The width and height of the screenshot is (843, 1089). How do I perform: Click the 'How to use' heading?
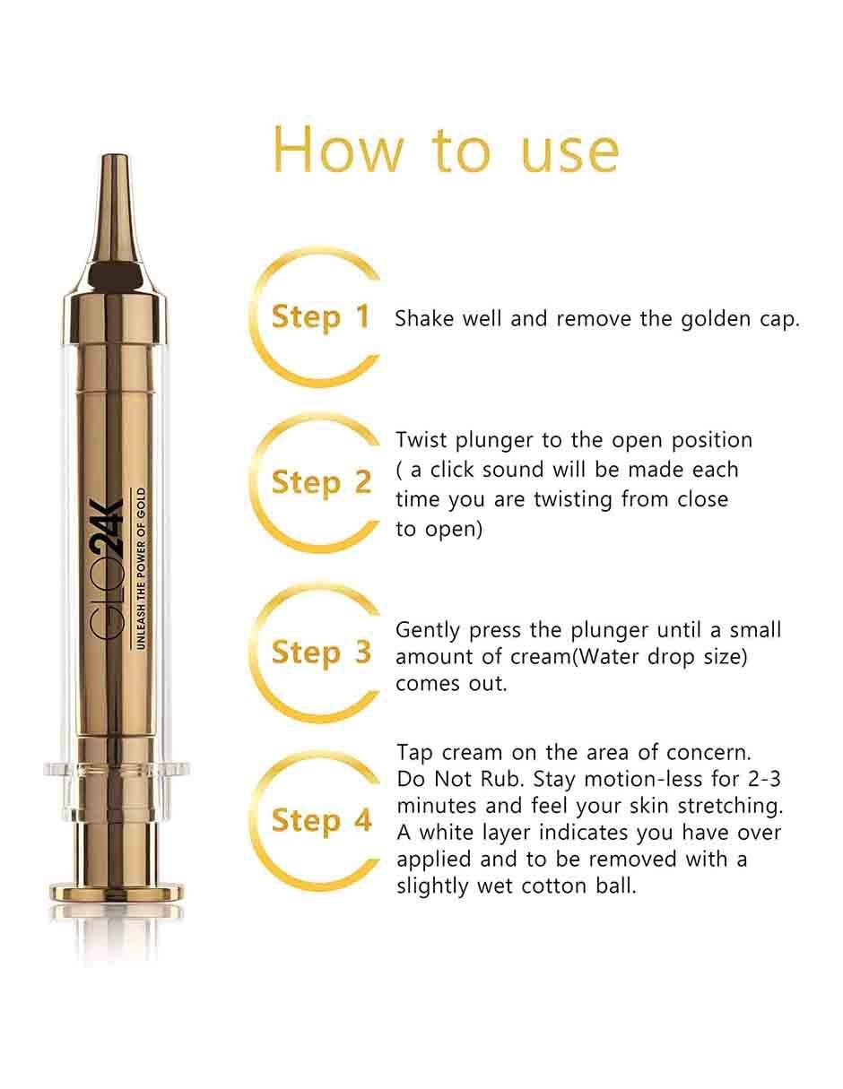coord(446,150)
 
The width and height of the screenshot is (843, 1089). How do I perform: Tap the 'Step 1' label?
coord(321,317)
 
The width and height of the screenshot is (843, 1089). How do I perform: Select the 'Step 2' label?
coord(321,482)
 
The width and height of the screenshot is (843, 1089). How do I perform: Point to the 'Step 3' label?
coord(321,653)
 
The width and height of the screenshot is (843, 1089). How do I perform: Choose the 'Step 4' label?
coord(321,820)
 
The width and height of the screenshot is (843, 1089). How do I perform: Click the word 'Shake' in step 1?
coord(424,318)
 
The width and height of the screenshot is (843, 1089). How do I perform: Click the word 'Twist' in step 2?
coord(421,440)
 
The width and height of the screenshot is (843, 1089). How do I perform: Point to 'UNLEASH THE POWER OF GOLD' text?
coord(142,568)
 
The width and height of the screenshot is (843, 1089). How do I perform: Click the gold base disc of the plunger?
coord(117,892)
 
